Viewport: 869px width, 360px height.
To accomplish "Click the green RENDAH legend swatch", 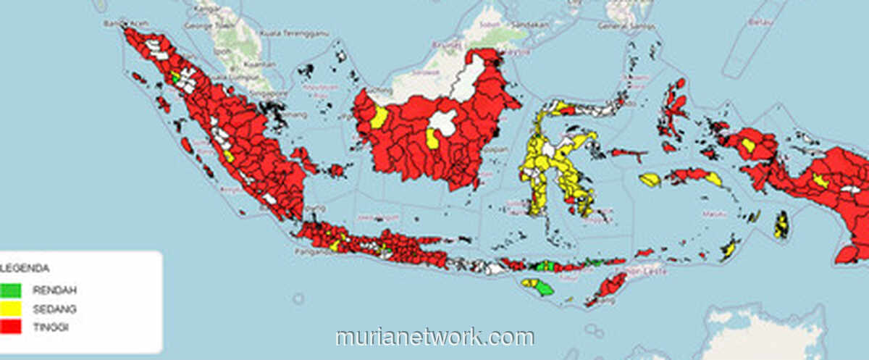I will coord(11,290).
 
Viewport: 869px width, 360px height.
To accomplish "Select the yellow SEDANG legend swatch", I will coord(11,309).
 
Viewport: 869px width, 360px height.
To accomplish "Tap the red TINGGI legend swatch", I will coord(11,327).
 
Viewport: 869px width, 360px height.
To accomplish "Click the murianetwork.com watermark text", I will coord(434,338).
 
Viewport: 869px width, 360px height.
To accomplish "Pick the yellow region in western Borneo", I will coord(379,117).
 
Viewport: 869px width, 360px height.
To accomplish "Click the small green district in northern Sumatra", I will coord(175,77).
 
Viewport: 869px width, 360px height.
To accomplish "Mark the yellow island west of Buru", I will coord(650,180).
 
